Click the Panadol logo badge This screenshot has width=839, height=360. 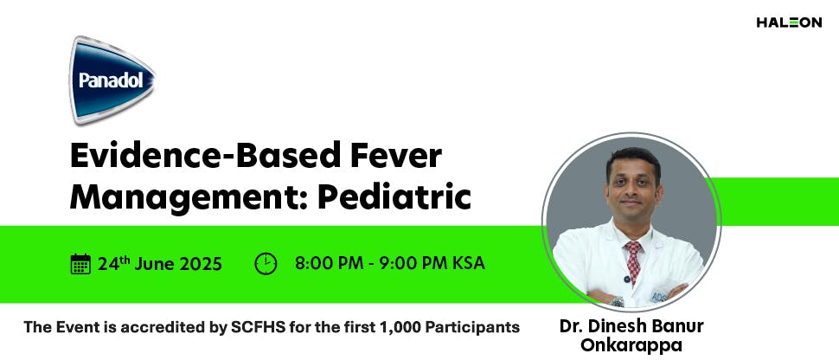coord(113,80)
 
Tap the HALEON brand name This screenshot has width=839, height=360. coord(789,22)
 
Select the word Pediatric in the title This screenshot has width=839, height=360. coord(394,197)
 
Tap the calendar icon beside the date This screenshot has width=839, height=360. coord(80,264)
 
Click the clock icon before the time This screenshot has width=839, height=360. coord(266,264)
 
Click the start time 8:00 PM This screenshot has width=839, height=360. coord(329,263)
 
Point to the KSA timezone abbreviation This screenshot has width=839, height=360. coord(468,263)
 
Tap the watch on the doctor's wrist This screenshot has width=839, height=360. coord(617,301)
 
